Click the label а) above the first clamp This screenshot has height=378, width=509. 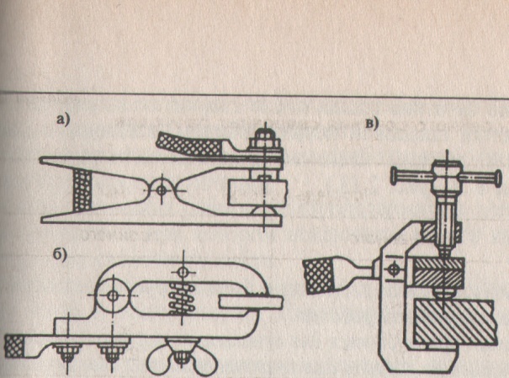[62, 120]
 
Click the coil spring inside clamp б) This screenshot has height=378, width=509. [184, 299]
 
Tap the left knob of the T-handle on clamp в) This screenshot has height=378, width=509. [394, 175]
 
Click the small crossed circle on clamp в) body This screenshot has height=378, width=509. [389, 269]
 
